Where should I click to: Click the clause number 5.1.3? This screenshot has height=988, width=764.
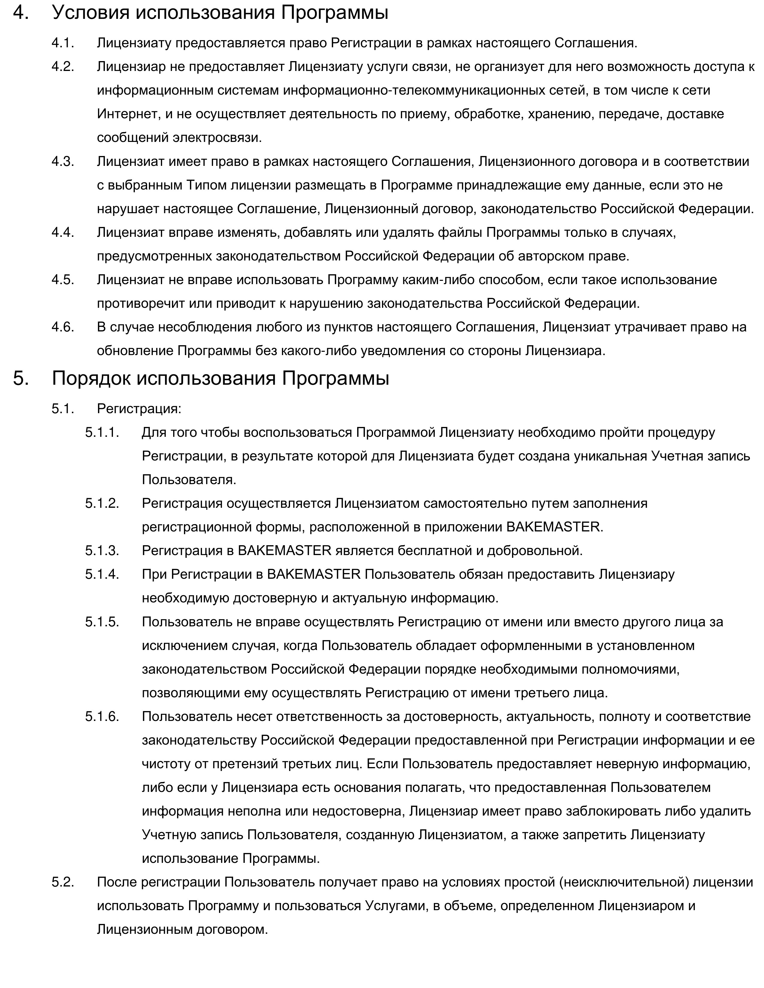click(102, 551)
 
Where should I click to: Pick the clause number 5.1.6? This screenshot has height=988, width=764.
click(102, 716)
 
